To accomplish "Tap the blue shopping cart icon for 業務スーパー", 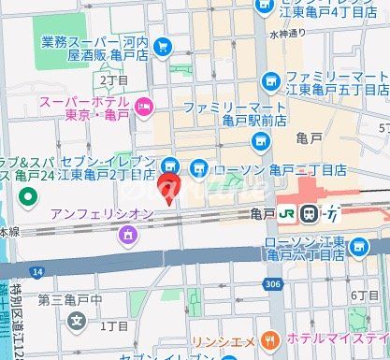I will click(164, 44).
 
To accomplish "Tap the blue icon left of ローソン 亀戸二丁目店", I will click(197, 168).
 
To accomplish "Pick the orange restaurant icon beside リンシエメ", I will click(271, 338).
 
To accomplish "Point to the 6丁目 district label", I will click(365, 295).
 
